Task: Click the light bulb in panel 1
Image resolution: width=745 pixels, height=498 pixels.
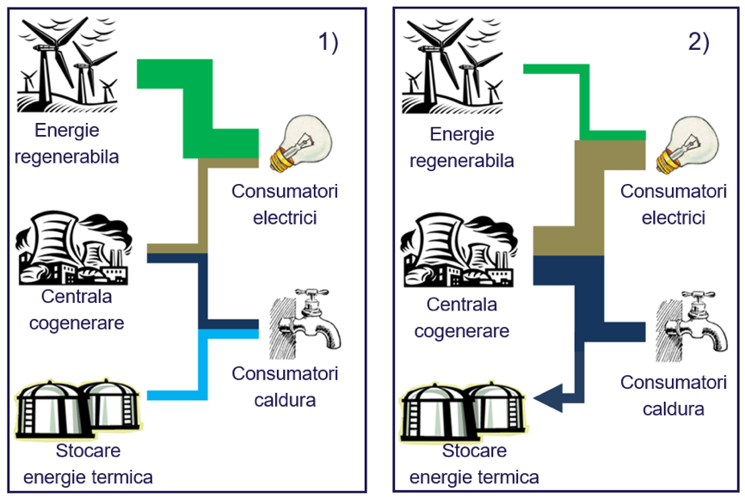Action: [x=300, y=143]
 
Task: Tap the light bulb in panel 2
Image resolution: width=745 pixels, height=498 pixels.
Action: [x=687, y=146]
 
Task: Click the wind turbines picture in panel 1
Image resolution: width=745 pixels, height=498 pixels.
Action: [x=67, y=65]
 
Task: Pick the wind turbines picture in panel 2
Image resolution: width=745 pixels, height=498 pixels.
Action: [x=453, y=65]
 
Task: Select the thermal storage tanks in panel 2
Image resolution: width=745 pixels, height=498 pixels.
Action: [x=463, y=410]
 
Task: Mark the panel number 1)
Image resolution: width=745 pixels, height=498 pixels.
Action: [x=328, y=42]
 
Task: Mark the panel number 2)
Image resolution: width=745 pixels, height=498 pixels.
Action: [x=699, y=42]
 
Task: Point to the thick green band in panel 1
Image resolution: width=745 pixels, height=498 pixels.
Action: [x=198, y=108]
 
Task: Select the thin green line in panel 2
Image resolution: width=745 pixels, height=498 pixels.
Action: [x=585, y=102]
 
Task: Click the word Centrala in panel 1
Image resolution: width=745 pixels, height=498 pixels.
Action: [x=77, y=297]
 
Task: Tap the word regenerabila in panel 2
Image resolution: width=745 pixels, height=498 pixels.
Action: [x=462, y=161]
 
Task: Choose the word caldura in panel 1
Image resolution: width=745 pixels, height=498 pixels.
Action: [x=285, y=400]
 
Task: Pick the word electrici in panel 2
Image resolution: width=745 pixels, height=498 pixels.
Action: [x=674, y=218]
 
